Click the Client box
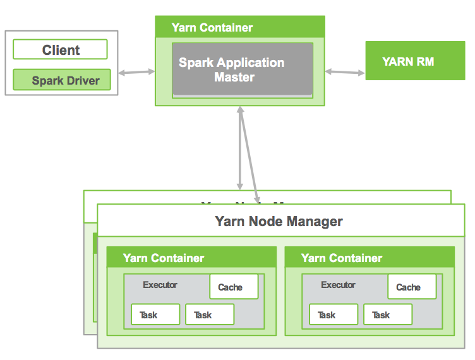click(61, 50)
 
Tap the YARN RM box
click(407, 61)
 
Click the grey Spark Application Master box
click(243, 69)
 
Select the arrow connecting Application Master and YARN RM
click(345, 73)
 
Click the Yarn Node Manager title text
click(279, 221)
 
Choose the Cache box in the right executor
click(412, 287)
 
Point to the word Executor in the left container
click(160, 285)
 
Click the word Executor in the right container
click(338, 285)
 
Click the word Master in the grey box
click(234, 78)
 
